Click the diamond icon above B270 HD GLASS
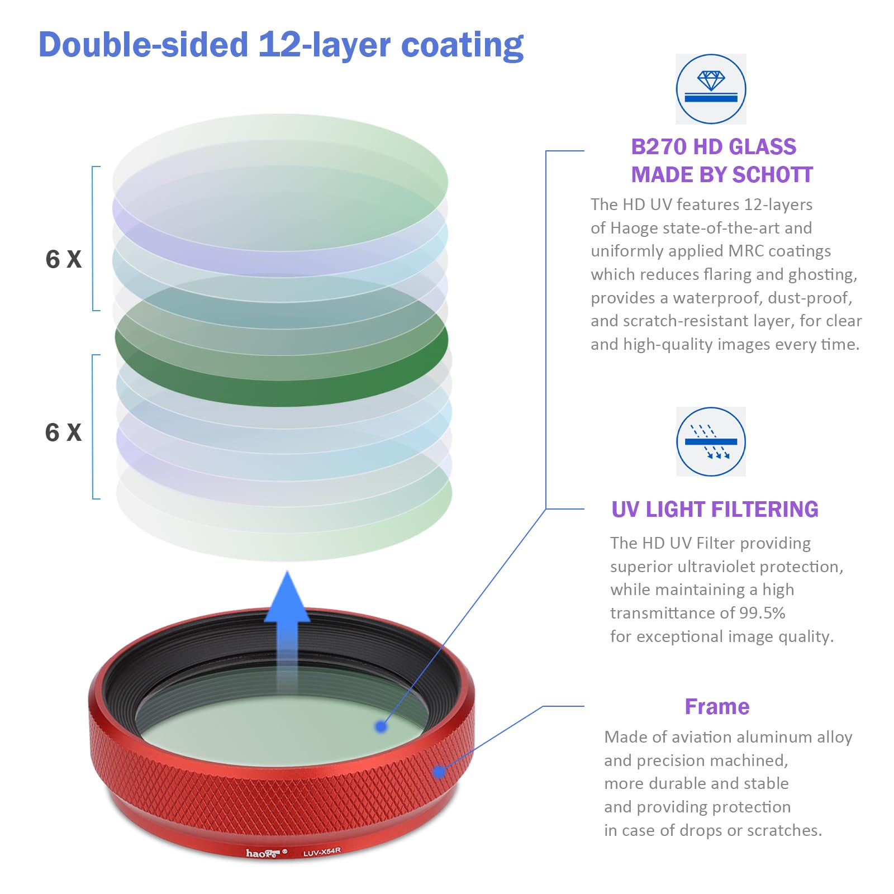(x=711, y=89)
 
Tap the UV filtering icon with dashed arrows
(x=711, y=441)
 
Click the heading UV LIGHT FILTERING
(x=715, y=510)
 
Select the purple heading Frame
(x=717, y=707)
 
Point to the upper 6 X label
(x=63, y=259)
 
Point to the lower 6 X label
(x=63, y=432)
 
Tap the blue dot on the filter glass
(x=381, y=726)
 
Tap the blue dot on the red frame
(x=439, y=772)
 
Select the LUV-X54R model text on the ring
(x=322, y=852)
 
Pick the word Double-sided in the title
(x=143, y=45)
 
